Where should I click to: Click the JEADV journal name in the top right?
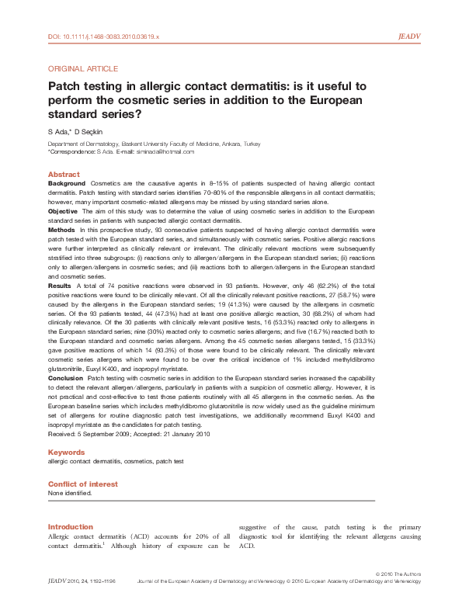(x=409, y=36)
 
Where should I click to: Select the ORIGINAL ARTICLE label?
(x=83, y=69)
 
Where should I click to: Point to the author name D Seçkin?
(x=94, y=132)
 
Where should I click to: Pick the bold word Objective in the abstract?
(x=63, y=211)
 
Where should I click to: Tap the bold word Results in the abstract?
(x=61, y=286)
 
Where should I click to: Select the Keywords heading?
(x=67, y=452)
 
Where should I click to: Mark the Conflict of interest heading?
(x=83, y=484)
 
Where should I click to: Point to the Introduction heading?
(x=71, y=527)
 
